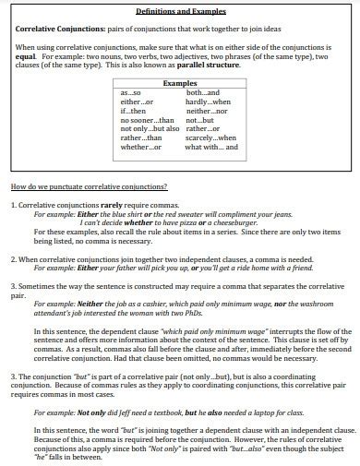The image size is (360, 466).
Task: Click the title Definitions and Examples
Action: (x=181, y=10)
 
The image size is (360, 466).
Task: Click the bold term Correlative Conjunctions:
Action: (x=56, y=29)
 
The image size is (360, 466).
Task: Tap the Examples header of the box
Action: (x=180, y=83)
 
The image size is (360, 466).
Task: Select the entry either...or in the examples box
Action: (x=136, y=102)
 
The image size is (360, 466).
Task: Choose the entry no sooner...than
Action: (x=147, y=119)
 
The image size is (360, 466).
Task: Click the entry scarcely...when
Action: (x=210, y=137)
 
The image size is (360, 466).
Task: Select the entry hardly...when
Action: (x=207, y=102)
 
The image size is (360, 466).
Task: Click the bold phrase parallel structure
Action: (x=228, y=66)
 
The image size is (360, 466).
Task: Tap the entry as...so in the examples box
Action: (x=132, y=93)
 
